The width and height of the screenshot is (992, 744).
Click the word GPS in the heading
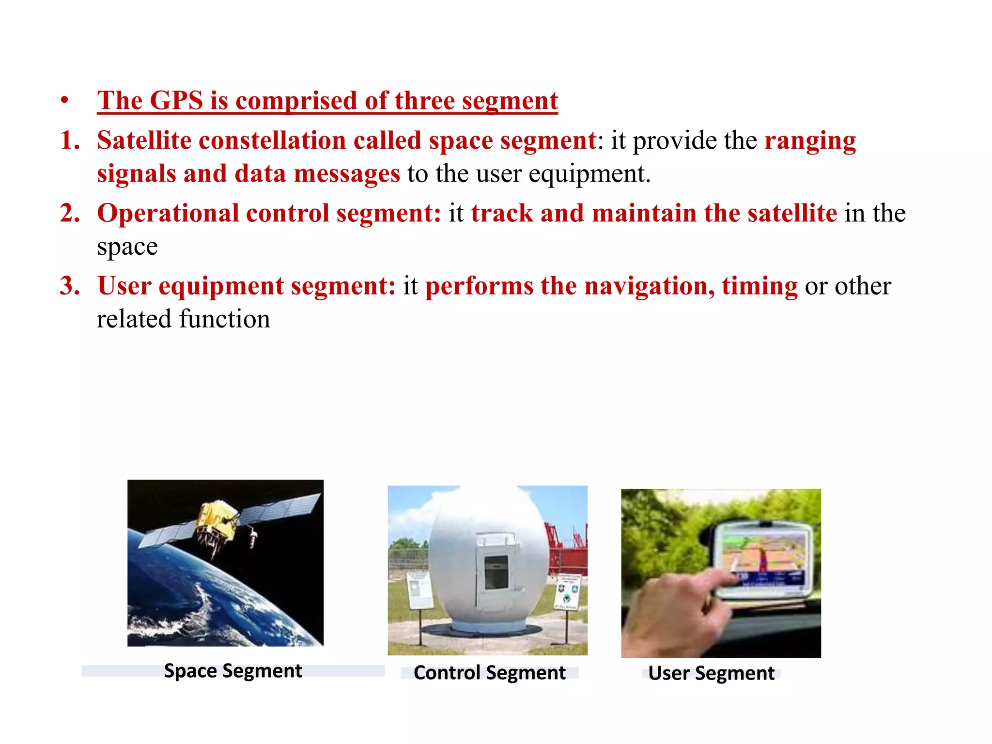pyautogui.click(x=176, y=101)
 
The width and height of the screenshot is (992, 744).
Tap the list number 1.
pyautogui.click(x=70, y=140)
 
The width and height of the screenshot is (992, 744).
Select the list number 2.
pyautogui.click(x=70, y=213)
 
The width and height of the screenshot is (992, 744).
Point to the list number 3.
pyautogui.click(x=70, y=286)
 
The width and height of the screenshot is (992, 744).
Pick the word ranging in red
pyautogui.click(x=810, y=141)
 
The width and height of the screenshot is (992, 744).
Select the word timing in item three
pyautogui.click(x=759, y=286)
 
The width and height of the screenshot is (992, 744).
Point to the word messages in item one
pyautogui.click(x=347, y=174)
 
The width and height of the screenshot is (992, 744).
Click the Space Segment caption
pyautogui.click(x=233, y=671)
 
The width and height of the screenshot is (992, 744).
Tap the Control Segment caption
pyautogui.click(x=489, y=673)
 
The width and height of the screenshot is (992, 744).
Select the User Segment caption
pyautogui.click(x=711, y=673)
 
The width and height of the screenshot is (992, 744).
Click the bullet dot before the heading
pyautogui.click(x=64, y=101)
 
